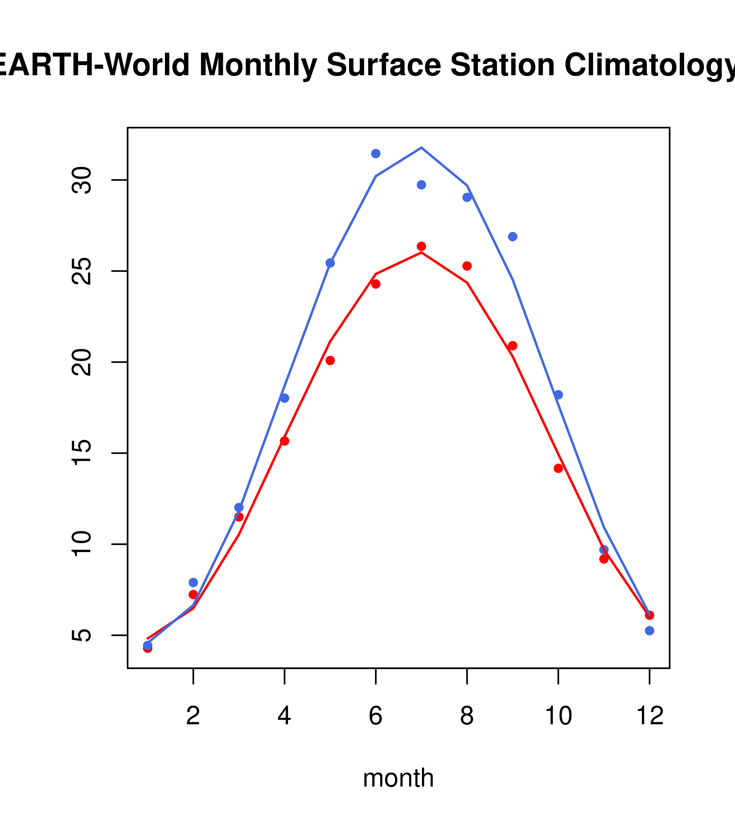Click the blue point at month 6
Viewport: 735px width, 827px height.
pos(376,153)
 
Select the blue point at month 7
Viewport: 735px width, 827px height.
pos(421,185)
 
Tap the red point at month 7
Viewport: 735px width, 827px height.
pos(421,246)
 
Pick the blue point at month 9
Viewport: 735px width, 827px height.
pos(512,237)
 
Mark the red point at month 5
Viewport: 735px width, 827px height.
pos(330,361)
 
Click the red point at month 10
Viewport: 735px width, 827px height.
pos(558,468)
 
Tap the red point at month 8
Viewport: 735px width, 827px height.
pos(467,266)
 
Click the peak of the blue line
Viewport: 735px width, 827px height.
pos(421,148)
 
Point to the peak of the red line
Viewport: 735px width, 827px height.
pos(421,252)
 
